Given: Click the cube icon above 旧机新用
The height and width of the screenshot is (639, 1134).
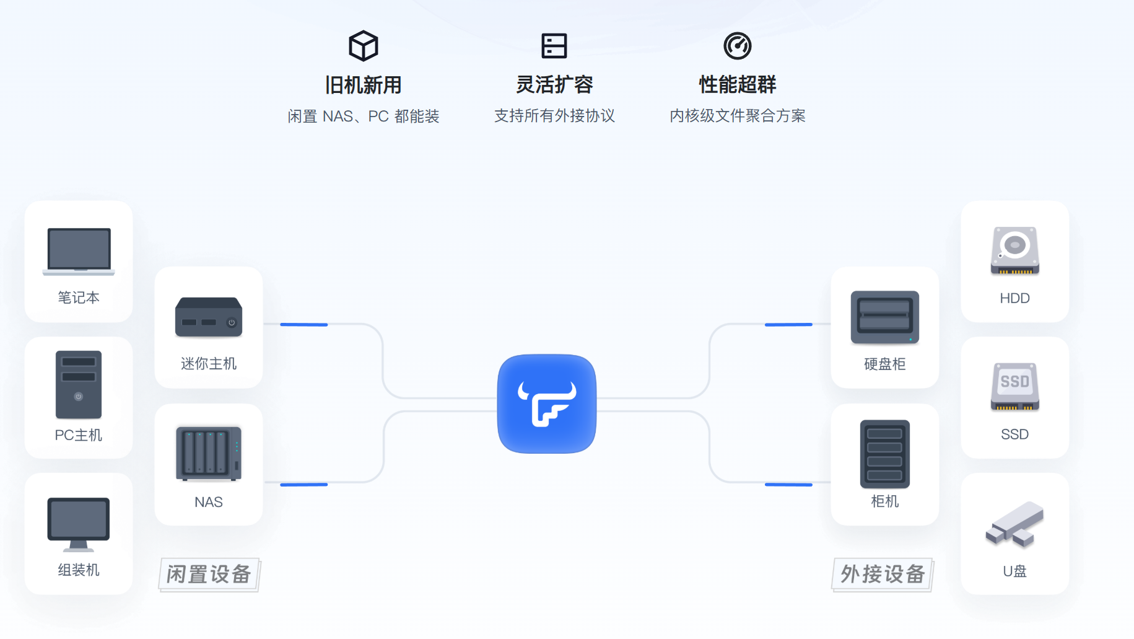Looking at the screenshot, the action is [x=364, y=46].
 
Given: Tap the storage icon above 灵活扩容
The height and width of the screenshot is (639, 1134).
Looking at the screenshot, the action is [x=554, y=46].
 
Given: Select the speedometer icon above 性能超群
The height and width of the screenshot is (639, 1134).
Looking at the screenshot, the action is [x=738, y=46].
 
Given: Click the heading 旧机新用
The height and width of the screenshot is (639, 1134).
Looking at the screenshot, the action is [x=364, y=85].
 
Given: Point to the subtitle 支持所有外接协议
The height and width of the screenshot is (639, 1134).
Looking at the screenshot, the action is [x=554, y=116].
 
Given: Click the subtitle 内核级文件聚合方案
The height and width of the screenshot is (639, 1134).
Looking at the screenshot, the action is [x=738, y=116].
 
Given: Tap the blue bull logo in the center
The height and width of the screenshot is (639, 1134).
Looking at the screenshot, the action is [x=547, y=403].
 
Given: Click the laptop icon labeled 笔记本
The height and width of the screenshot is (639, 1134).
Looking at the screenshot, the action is [x=79, y=252].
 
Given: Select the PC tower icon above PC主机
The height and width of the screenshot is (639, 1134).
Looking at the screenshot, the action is [x=79, y=385].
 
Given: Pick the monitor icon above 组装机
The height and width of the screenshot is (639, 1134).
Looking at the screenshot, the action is [x=79, y=524].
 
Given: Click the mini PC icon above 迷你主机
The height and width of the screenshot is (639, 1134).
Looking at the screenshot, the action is [x=209, y=317].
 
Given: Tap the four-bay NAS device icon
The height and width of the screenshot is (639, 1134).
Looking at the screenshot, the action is [x=209, y=454].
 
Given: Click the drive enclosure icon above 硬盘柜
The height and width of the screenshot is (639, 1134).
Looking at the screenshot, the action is [x=885, y=317].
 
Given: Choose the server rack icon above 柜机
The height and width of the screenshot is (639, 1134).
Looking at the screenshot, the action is [x=885, y=454].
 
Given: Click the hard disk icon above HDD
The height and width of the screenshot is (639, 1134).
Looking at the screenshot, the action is [x=1015, y=251].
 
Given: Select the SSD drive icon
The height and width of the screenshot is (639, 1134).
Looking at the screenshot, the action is [x=1015, y=387].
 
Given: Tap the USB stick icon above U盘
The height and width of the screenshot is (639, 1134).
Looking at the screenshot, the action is [x=1015, y=524].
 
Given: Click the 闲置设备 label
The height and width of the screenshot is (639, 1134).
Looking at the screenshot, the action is [x=209, y=575].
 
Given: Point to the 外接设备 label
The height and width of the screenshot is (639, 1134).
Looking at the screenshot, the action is [x=883, y=575].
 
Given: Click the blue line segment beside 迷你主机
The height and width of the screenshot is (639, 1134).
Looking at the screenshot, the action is [x=303, y=324].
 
